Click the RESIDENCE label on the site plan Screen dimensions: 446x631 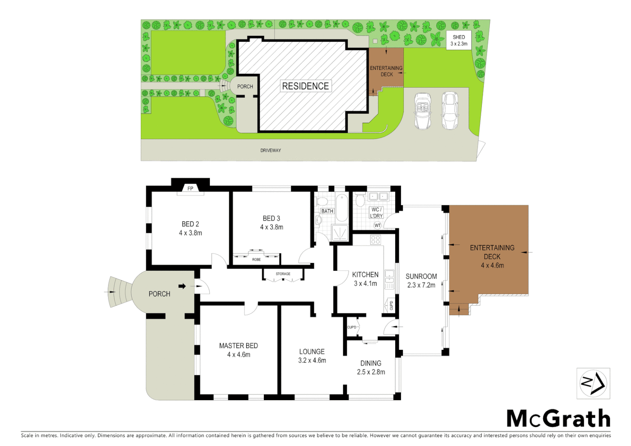click(306, 86)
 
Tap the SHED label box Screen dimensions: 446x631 click(459, 40)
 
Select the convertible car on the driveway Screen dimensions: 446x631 click(422, 111)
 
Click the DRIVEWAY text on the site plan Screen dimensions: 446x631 click(270, 150)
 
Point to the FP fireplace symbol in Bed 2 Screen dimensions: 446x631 click(190, 188)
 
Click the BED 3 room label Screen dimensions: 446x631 click(271, 218)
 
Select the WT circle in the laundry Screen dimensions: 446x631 click(377, 225)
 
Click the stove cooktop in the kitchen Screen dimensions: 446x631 click(375, 240)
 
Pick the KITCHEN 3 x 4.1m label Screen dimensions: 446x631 click(365, 279)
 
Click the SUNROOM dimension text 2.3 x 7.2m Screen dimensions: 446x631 click(421, 285)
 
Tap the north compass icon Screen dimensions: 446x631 click(593, 383)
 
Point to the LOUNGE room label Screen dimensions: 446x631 click(312, 351)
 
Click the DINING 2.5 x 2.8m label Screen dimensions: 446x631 click(371, 368)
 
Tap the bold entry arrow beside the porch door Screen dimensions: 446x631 click(182, 286)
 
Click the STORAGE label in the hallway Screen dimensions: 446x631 click(283, 274)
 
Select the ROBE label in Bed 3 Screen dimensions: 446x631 click(256, 259)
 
